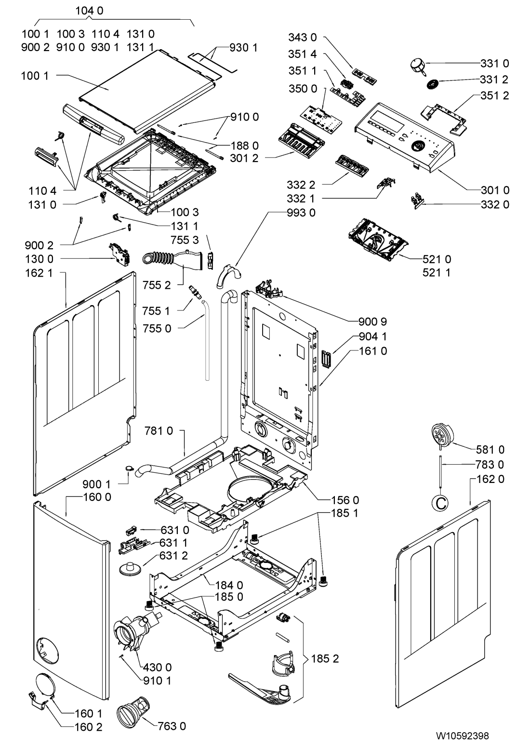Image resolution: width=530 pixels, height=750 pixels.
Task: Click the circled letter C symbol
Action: [x=439, y=503]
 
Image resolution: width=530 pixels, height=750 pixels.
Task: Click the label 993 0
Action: [x=304, y=213]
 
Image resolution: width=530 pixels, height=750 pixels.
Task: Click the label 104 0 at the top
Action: [x=90, y=10]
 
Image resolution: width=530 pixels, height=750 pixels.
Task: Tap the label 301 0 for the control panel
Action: [x=495, y=189]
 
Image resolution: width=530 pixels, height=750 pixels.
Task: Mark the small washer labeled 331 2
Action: [x=434, y=84]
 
